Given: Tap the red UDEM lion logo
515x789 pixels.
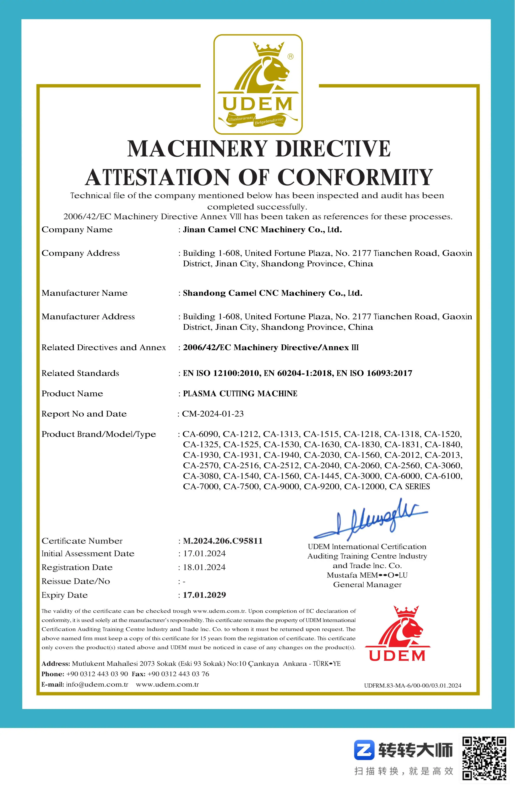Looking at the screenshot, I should (397, 634).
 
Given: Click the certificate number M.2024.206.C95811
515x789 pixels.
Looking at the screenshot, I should (223, 541).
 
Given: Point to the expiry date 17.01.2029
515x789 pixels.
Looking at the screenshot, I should (204, 595).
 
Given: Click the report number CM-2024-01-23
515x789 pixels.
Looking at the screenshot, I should (213, 414).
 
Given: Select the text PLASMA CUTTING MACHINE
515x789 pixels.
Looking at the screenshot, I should (240, 393).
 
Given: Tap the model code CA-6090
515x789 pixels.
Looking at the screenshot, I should (201, 434).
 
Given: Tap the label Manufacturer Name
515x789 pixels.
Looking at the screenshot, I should (85, 293).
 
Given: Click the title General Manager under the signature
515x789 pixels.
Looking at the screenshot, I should (367, 584).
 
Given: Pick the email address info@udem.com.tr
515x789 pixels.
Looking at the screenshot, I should (97, 684).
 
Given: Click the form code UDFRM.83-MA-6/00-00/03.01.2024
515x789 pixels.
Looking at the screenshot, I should (413, 685).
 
